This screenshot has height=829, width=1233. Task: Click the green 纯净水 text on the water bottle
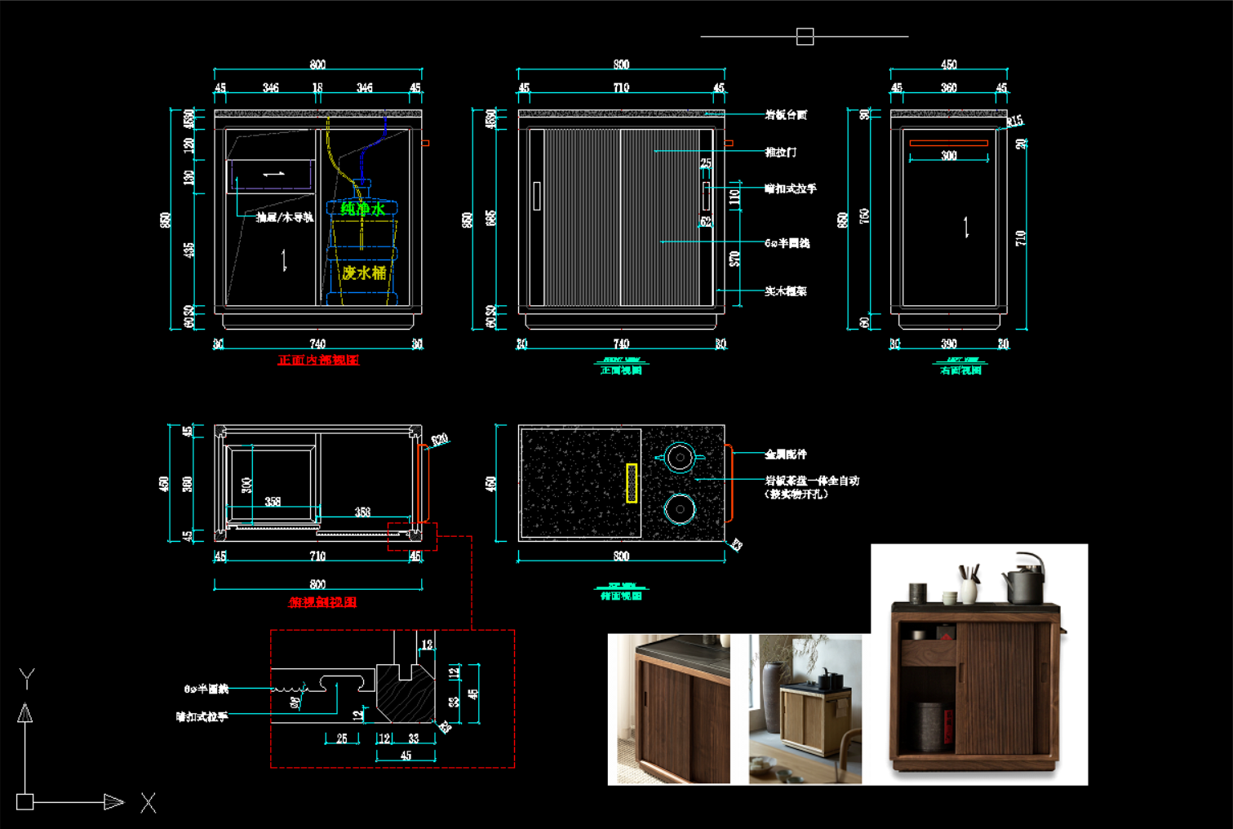pos(363,210)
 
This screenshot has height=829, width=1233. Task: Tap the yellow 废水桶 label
pos(364,273)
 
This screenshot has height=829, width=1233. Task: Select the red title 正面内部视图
pos(318,360)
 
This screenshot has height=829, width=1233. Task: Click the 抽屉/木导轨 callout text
pos(284,217)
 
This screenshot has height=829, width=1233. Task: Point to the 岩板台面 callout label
pos(786,115)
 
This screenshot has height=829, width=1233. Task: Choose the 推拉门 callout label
pos(780,153)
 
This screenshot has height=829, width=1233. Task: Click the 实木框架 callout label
pos(785,291)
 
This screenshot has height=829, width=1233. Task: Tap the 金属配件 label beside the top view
pos(785,454)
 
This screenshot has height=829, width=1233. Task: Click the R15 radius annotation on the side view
pos(1014,122)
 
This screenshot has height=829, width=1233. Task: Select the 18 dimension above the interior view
pos(317,87)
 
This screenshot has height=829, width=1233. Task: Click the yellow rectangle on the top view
pos(631,483)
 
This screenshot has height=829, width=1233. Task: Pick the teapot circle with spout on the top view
pos(679,458)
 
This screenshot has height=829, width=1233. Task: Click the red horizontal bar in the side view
pos(948,143)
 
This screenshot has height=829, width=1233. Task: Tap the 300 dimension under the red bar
pos(948,156)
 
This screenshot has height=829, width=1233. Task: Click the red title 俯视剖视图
pos(322,602)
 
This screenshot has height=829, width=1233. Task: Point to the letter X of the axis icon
pos(148,803)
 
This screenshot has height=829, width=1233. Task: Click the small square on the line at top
pos(805,37)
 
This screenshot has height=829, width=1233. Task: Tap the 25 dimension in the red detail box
pos(341,738)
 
